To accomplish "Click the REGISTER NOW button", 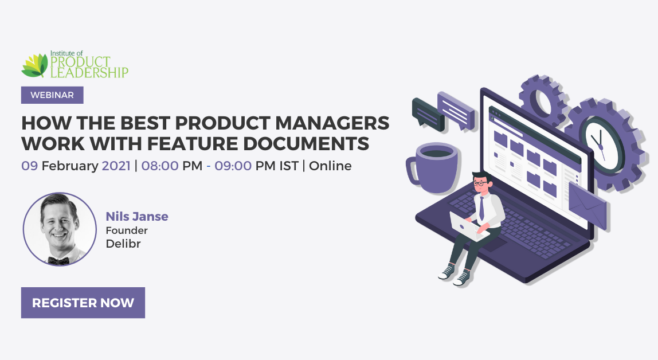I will click(x=83, y=303).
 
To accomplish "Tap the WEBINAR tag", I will click(x=52, y=95).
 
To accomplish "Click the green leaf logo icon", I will click(x=34, y=65).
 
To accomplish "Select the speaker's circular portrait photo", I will click(x=60, y=229).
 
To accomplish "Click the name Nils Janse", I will click(x=137, y=216).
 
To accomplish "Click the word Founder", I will click(x=127, y=230).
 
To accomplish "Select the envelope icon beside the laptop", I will click(x=586, y=205).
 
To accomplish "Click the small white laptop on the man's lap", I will click(x=466, y=226).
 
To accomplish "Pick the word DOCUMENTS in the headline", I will click(x=310, y=143).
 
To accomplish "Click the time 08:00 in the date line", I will click(x=160, y=166).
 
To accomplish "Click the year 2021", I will click(x=116, y=166).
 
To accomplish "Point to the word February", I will click(x=70, y=166).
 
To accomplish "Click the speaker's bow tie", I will click(x=58, y=260).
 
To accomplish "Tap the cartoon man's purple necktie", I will click(x=482, y=208).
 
